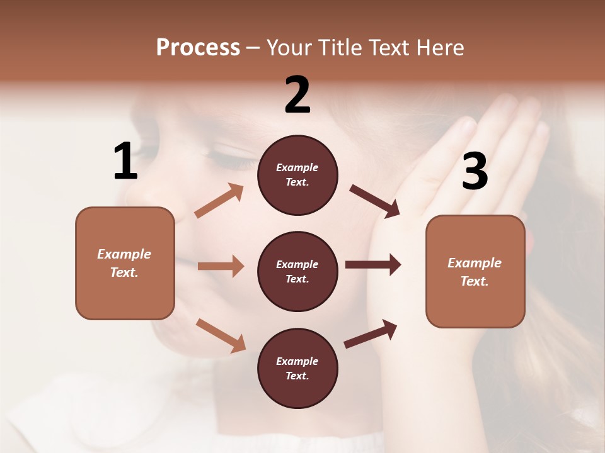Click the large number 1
coord(125,162)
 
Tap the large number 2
coord(297,95)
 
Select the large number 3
coord(475,171)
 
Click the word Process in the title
coord(198,48)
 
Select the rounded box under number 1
coord(125,263)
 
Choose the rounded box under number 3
coord(475,272)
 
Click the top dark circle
coord(297,175)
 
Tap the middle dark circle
coord(297,271)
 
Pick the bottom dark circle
coord(297,368)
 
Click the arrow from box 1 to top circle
coord(219,201)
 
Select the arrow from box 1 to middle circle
coord(221,266)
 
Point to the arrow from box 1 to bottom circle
coord(221,335)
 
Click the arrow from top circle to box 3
coord(375,201)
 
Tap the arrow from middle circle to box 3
coord(373,265)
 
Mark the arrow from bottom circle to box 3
coord(371,333)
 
